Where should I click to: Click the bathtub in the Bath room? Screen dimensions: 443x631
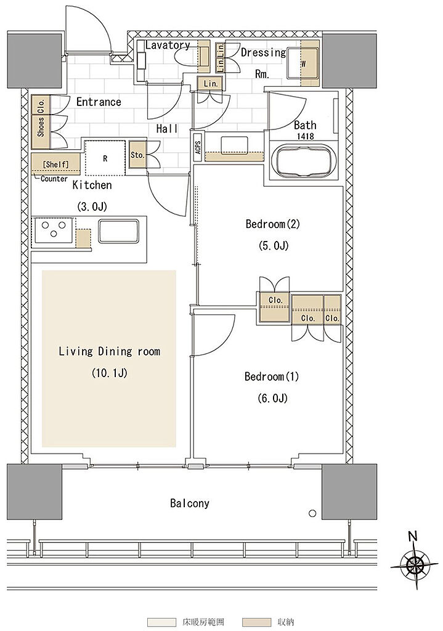click(x=303, y=160)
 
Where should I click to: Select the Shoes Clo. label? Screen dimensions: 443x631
click(x=41, y=116)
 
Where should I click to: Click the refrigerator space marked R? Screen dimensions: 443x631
click(x=105, y=158)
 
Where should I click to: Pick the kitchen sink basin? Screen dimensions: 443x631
click(x=119, y=231)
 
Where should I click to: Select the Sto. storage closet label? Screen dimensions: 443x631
click(x=137, y=155)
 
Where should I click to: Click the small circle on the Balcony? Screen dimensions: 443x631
click(x=312, y=513)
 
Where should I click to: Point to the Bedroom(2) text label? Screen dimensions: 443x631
click(x=273, y=224)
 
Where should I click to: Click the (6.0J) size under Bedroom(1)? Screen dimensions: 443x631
click(x=272, y=398)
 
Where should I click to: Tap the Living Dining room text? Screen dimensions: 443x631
click(x=110, y=351)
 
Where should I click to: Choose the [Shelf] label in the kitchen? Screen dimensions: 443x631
click(x=55, y=164)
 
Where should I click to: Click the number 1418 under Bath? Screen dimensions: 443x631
click(x=305, y=136)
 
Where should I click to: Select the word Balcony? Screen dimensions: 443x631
click(x=190, y=503)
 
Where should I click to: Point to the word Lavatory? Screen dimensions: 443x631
click(x=168, y=45)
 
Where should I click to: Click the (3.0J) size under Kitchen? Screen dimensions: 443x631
click(x=92, y=207)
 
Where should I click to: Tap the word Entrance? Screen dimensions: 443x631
click(x=99, y=102)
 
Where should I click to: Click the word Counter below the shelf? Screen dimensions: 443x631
click(x=54, y=179)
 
